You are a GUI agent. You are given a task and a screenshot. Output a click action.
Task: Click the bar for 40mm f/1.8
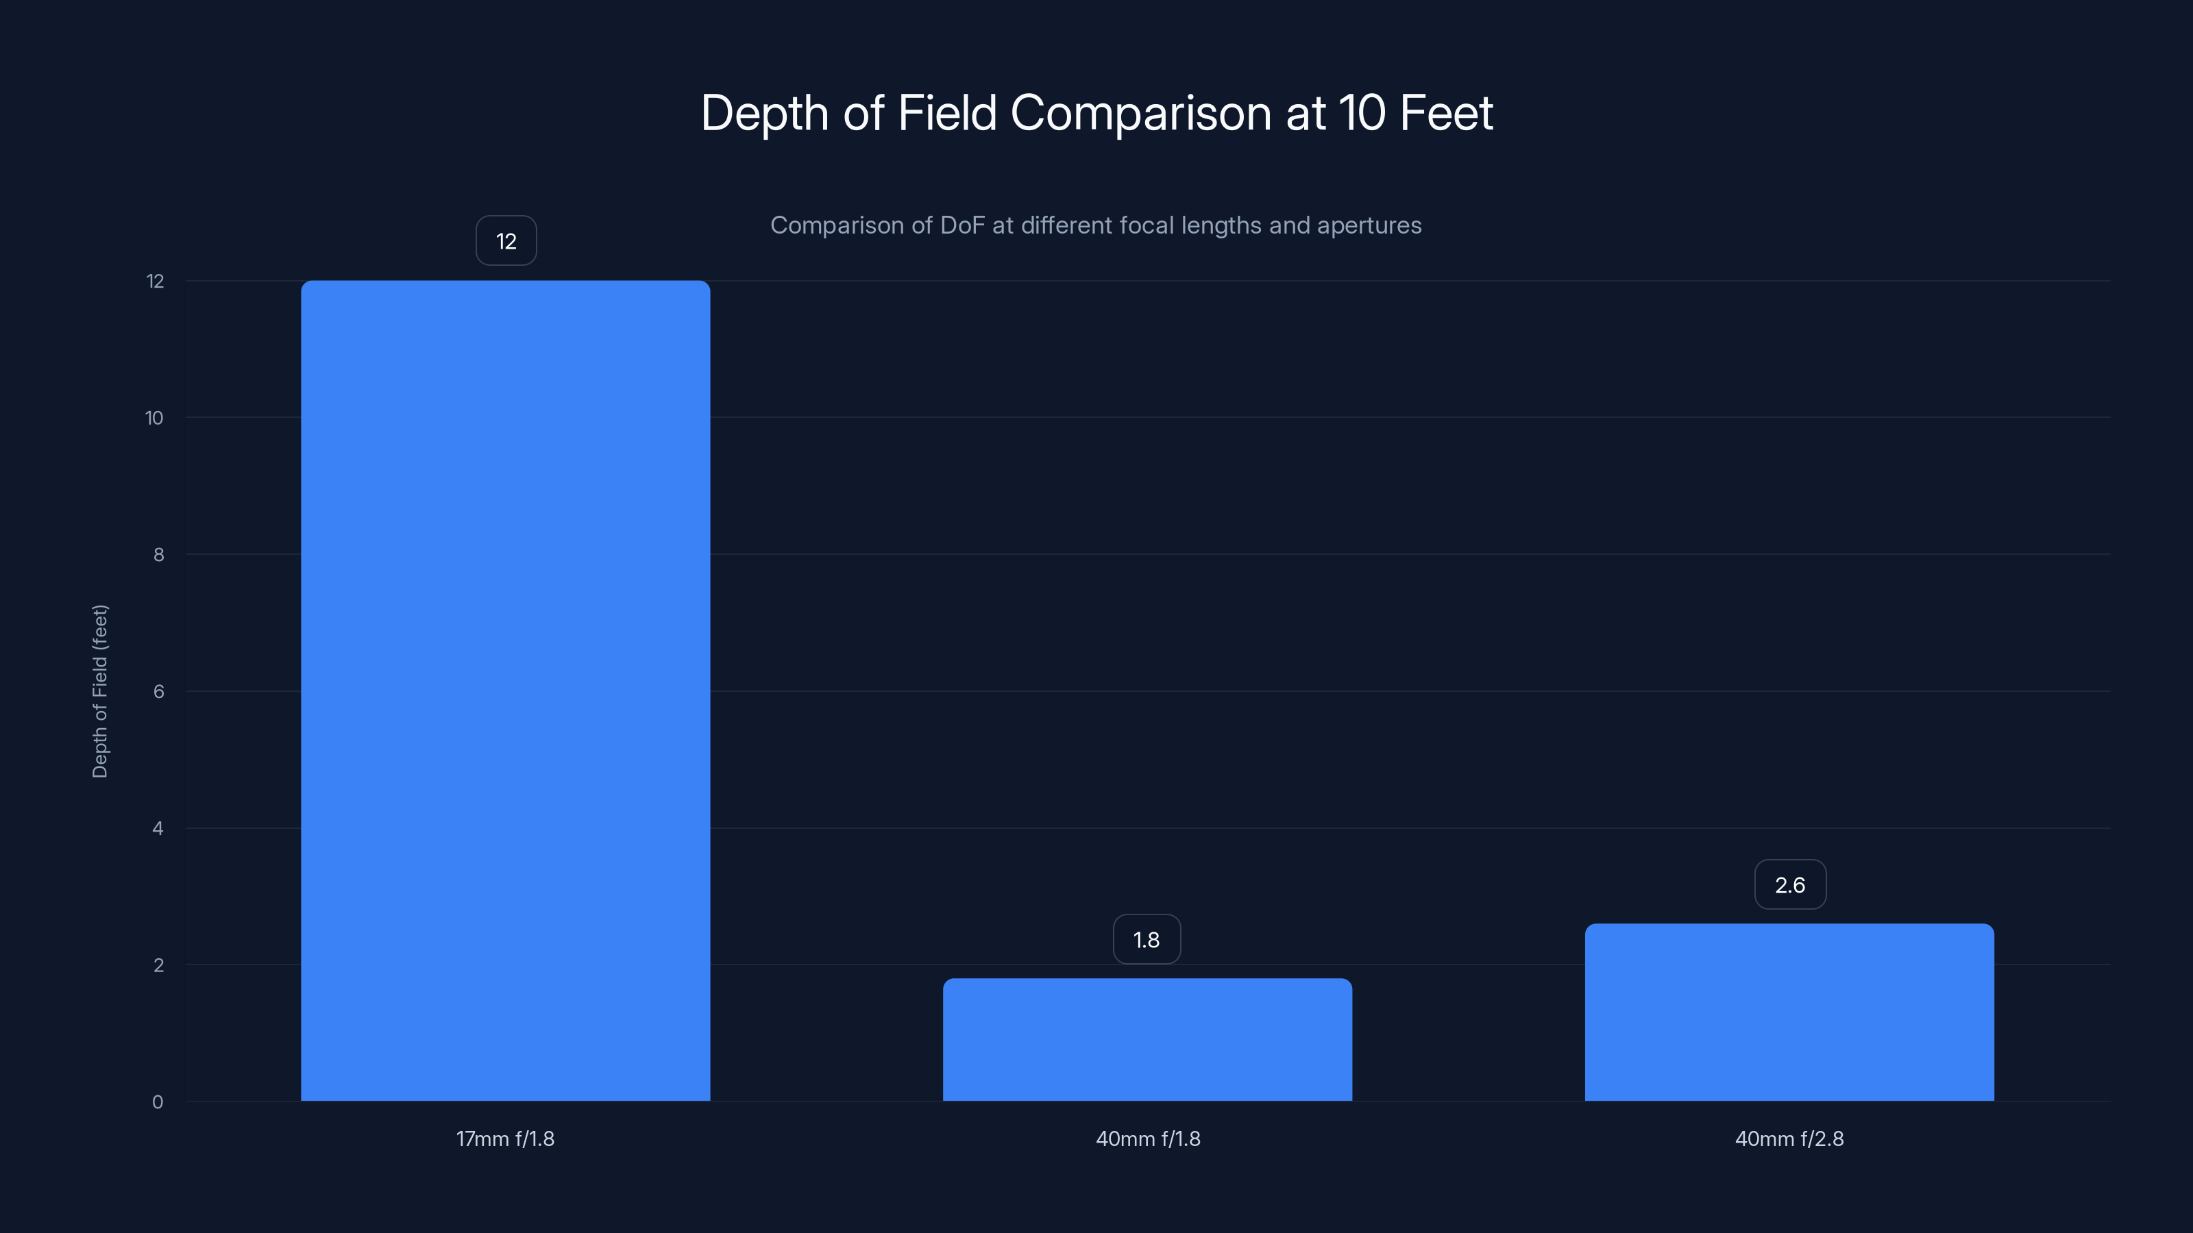[1147, 1039]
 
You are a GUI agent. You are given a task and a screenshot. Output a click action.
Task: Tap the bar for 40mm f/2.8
[1789, 1012]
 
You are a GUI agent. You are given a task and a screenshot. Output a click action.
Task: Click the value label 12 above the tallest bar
[506, 241]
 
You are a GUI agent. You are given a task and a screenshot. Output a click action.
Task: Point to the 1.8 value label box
[1146, 939]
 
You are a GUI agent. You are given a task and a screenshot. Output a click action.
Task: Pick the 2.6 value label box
[1789, 885]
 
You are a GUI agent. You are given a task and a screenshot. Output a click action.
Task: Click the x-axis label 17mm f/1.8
[505, 1138]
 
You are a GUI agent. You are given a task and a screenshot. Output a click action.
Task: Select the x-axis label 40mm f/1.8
[1148, 1138]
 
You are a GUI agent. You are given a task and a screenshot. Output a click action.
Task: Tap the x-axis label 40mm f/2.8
[1789, 1138]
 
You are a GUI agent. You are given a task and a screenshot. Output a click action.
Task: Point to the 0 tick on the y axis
[158, 1102]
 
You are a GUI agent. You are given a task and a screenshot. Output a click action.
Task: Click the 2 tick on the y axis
[158, 965]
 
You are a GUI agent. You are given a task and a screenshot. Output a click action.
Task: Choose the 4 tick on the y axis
[158, 828]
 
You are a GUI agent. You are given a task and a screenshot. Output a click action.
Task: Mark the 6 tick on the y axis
[158, 691]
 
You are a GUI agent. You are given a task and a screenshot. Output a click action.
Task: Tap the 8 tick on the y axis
[158, 555]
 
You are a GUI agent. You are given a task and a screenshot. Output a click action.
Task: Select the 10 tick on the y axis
[154, 418]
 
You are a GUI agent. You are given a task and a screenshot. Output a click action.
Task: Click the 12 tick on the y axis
[155, 281]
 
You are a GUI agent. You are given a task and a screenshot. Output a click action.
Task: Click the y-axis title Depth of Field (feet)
[99, 691]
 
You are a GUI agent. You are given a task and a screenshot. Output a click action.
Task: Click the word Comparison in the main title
[1141, 113]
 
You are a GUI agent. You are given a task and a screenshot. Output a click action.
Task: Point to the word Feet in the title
[1445, 113]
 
